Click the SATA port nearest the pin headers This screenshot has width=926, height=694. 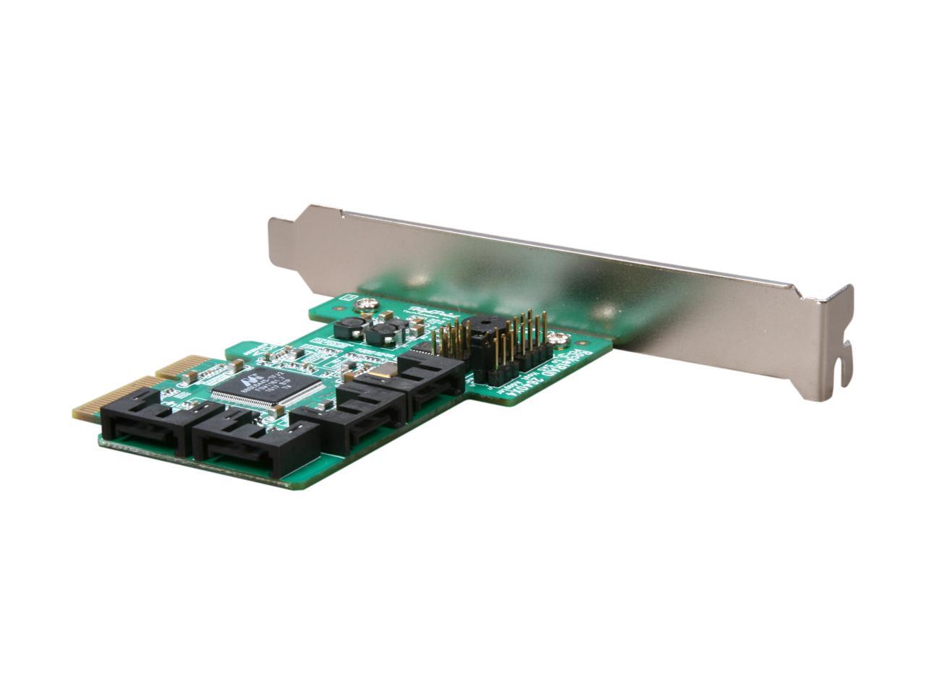click(x=432, y=385)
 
